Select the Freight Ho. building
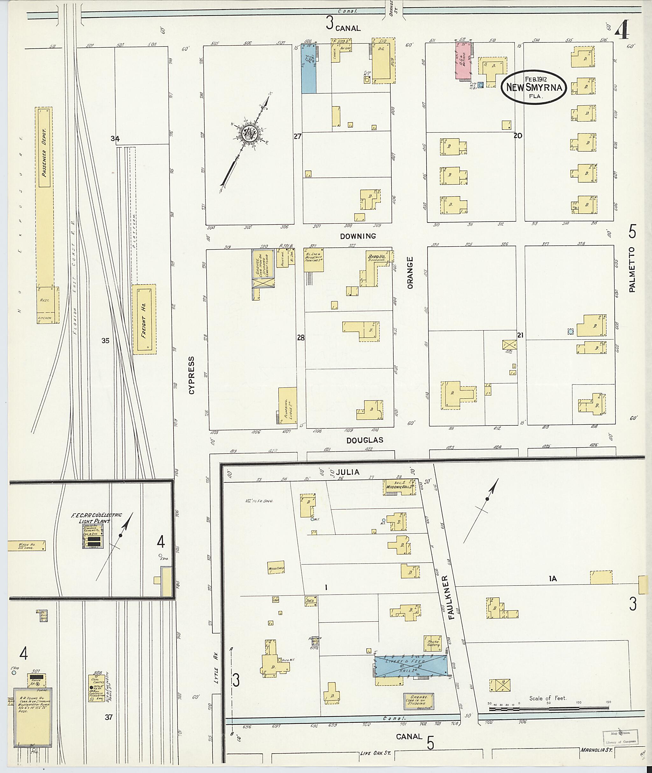tap(144, 319)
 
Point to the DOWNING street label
tap(358, 236)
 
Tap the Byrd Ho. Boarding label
tap(376, 257)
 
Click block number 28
tap(301, 337)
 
